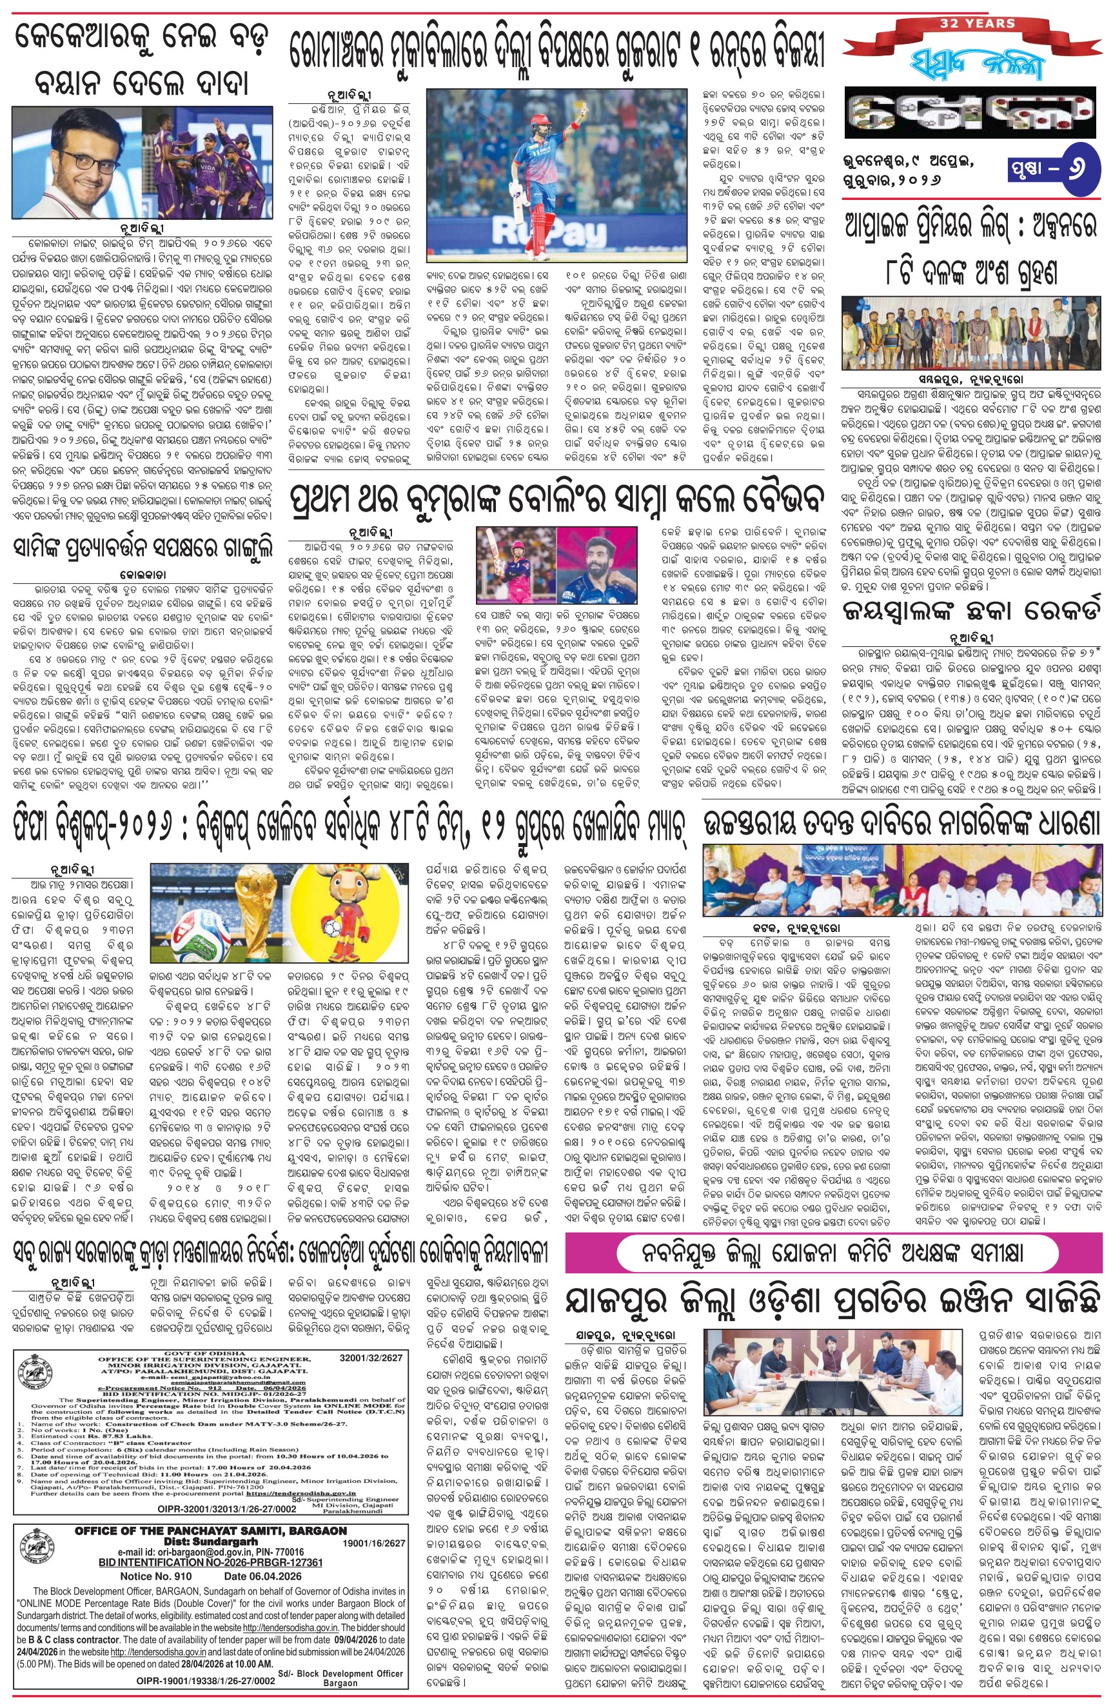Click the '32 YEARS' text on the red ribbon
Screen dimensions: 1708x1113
(x=978, y=23)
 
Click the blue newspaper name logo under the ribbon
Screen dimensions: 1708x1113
(x=973, y=66)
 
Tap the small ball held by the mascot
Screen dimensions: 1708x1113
(x=346, y=933)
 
